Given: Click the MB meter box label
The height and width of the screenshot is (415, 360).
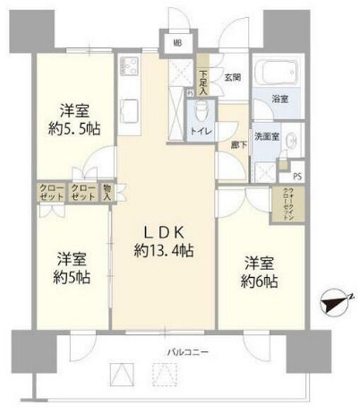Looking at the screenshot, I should [x=176, y=41].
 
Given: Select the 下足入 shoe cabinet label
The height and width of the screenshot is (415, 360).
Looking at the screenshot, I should [x=204, y=82].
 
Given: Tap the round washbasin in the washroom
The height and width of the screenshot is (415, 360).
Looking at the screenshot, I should [x=292, y=139].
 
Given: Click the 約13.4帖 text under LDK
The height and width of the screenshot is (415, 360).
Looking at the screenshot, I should [x=165, y=249].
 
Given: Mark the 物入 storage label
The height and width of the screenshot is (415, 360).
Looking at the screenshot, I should [x=107, y=190].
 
